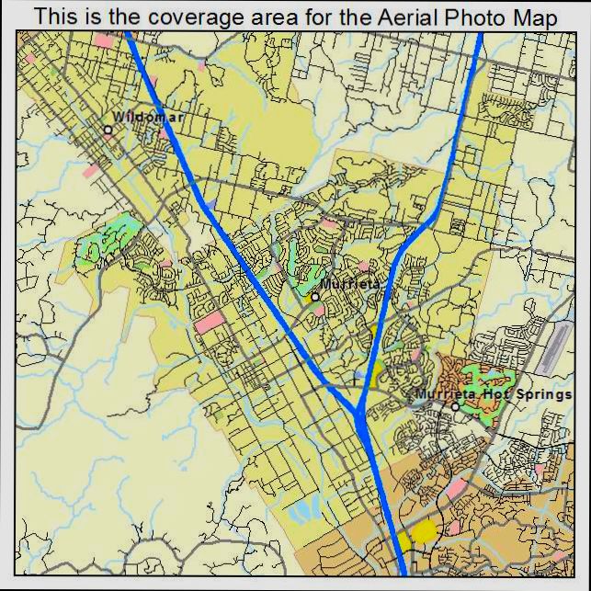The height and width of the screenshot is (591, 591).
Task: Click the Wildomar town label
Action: [147, 118]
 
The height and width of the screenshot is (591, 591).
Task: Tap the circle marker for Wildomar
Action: [108, 130]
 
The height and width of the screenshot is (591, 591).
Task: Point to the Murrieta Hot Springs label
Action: [494, 394]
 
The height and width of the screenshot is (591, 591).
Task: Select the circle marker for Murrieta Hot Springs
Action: [454, 406]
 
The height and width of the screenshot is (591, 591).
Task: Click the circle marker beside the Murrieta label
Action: [314, 296]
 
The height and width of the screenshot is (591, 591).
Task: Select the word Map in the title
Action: [535, 17]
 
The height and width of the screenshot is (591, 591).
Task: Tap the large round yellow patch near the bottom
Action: [424, 529]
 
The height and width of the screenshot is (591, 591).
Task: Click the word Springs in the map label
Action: [543, 394]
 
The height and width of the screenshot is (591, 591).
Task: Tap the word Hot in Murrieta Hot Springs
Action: [495, 394]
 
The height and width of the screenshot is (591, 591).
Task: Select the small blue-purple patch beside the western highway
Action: [212, 203]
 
